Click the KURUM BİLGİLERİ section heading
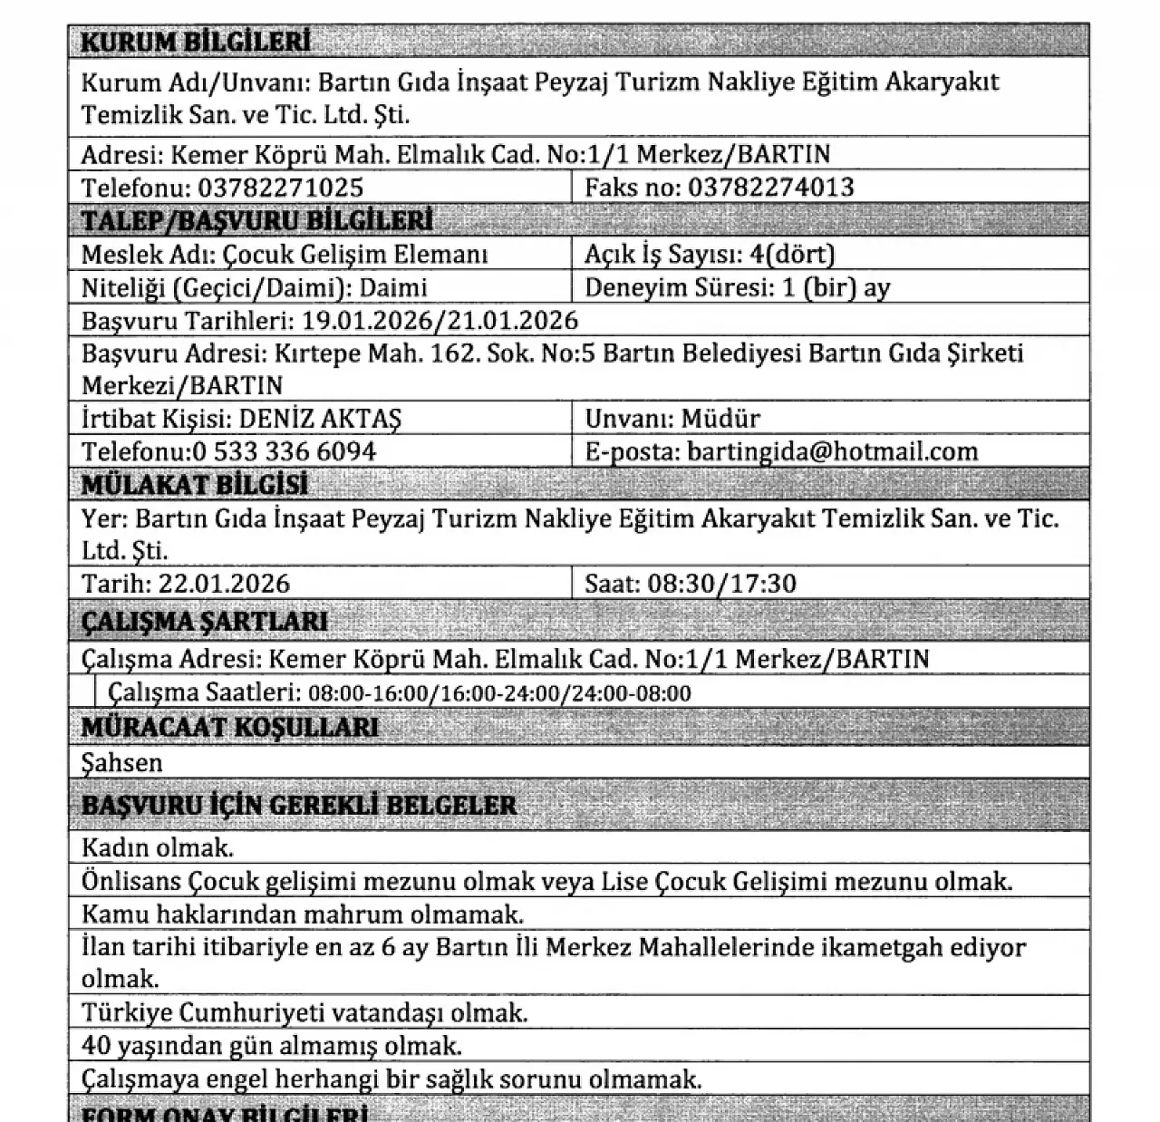click(196, 42)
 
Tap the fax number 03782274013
click(771, 188)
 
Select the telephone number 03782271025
click(281, 188)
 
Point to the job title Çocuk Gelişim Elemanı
click(356, 255)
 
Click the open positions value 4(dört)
click(793, 255)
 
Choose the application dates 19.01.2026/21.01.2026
click(440, 321)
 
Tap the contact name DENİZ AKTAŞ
click(320, 419)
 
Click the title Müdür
click(720, 419)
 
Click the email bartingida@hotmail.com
click(833, 451)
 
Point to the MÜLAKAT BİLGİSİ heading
click(195, 485)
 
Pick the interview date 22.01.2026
click(224, 583)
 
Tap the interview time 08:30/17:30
click(722, 583)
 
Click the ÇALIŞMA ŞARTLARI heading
click(205, 622)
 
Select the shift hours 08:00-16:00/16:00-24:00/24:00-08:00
click(499, 694)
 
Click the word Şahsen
click(122, 763)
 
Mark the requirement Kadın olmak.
click(158, 848)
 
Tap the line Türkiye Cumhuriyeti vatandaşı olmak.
click(304, 1012)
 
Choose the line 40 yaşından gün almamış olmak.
click(272, 1046)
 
